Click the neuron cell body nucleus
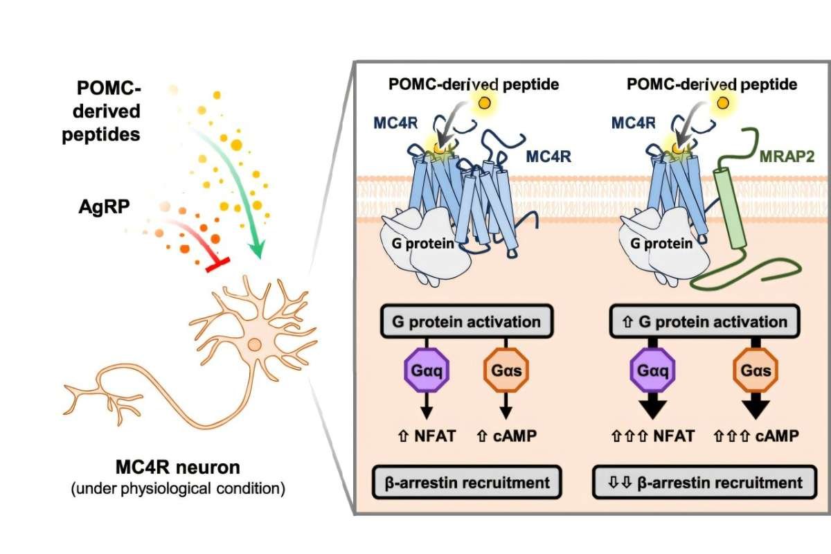(255, 343)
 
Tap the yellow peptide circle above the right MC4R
(723, 103)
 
